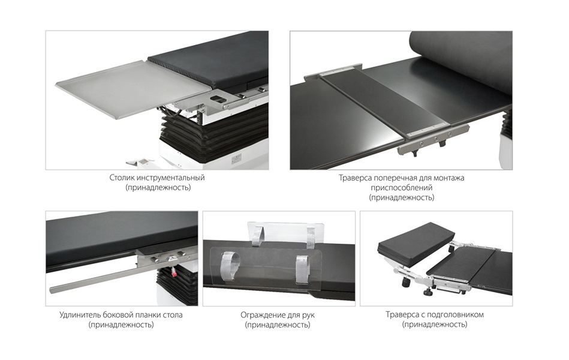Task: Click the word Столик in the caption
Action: [x=121, y=178]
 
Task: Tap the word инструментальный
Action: [x=170, y=178]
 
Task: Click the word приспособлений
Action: [x=401, y=188]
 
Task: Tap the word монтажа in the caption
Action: [x=449, y=178]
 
